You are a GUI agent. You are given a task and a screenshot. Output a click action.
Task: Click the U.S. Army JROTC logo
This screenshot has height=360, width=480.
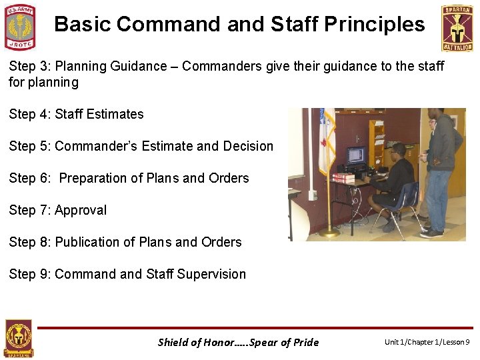[20, 27]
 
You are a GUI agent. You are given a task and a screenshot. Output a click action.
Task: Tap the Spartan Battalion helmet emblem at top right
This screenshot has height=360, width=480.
[457, 28]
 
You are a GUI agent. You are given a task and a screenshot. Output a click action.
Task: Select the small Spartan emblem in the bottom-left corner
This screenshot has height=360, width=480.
[18, 339]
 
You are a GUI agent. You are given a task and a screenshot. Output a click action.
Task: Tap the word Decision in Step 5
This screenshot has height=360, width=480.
[248, 146]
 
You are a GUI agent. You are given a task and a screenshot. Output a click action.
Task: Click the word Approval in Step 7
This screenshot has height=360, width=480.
[81, 210]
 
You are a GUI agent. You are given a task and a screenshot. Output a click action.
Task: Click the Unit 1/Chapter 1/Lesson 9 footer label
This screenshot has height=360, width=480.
[427, 343]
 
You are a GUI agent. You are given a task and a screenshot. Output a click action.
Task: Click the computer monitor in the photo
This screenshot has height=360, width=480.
[356, 156]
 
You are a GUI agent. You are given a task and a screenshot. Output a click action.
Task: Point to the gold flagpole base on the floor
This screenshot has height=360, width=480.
[329, 233]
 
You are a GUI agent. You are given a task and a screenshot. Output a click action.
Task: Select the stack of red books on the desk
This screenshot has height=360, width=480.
[343, 178]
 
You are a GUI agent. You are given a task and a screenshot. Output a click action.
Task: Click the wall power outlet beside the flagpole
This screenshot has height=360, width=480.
[312, 195]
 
